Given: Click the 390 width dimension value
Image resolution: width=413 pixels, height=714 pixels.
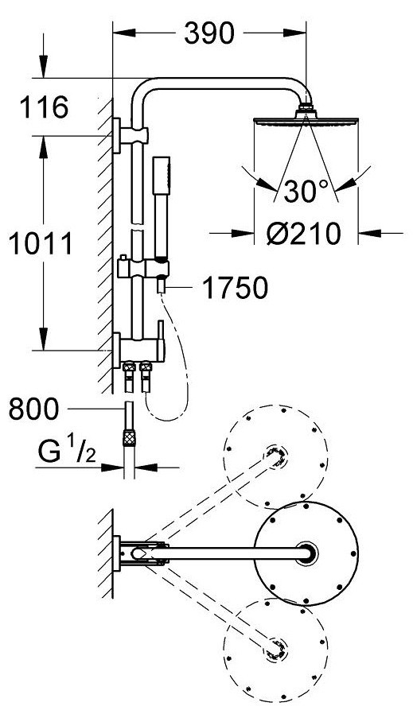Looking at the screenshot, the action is point(208,33).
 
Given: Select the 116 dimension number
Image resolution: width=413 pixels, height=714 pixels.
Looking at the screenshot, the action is point(45,107).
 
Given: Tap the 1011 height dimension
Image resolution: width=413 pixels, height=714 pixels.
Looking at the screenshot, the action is point(41,243).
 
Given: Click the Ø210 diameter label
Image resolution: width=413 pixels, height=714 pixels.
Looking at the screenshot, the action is point(304,234).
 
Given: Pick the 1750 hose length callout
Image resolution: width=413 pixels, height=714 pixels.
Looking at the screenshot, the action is point(235,289).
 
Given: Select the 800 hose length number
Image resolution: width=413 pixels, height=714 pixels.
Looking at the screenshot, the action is point(33,409).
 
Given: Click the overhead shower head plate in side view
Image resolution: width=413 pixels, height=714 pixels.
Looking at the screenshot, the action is point(306,122).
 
